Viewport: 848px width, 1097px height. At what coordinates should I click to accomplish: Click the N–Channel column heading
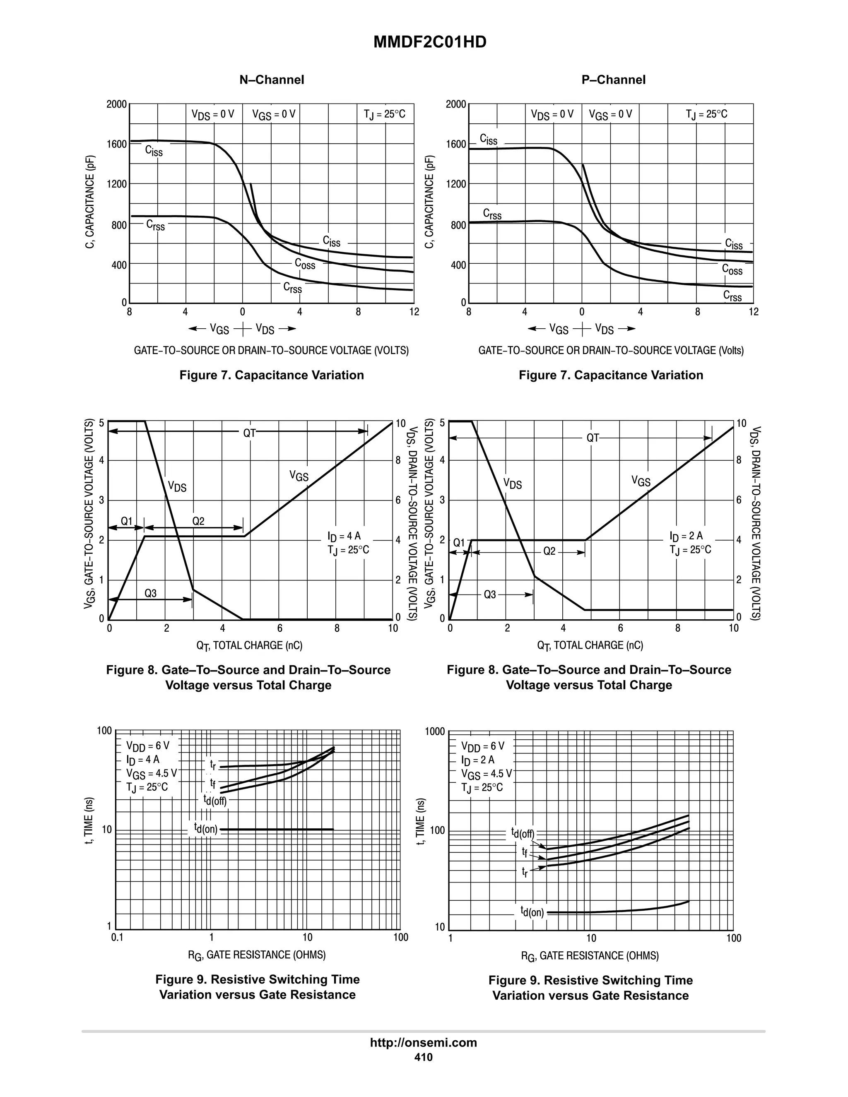tap(271, 80)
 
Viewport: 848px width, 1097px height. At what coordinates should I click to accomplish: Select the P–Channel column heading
tap(613, 80)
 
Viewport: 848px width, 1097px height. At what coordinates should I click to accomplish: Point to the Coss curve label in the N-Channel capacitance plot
tap(304, 264)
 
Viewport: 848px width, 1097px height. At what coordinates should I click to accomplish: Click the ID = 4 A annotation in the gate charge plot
tap(344, 536)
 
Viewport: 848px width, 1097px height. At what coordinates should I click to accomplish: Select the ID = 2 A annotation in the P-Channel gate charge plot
tap(686, 536)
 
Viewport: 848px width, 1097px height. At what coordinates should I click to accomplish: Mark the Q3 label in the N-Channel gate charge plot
tap(151, 593)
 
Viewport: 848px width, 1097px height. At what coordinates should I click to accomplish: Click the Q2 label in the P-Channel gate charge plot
tap(549, 551)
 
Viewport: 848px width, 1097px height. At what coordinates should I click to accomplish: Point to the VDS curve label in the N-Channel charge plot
tap(177, 486)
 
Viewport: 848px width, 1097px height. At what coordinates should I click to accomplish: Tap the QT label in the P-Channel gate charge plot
tap(593, 438)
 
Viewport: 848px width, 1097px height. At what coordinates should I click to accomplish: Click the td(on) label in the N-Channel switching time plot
tap(206, 828)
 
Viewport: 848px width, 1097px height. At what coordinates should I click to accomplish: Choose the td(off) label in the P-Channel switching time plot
tap(523, 833)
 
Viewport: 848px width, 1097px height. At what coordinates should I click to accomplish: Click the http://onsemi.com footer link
tap(423, 1042)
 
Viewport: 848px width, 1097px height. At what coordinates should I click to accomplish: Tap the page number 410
tap(423, 1057)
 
